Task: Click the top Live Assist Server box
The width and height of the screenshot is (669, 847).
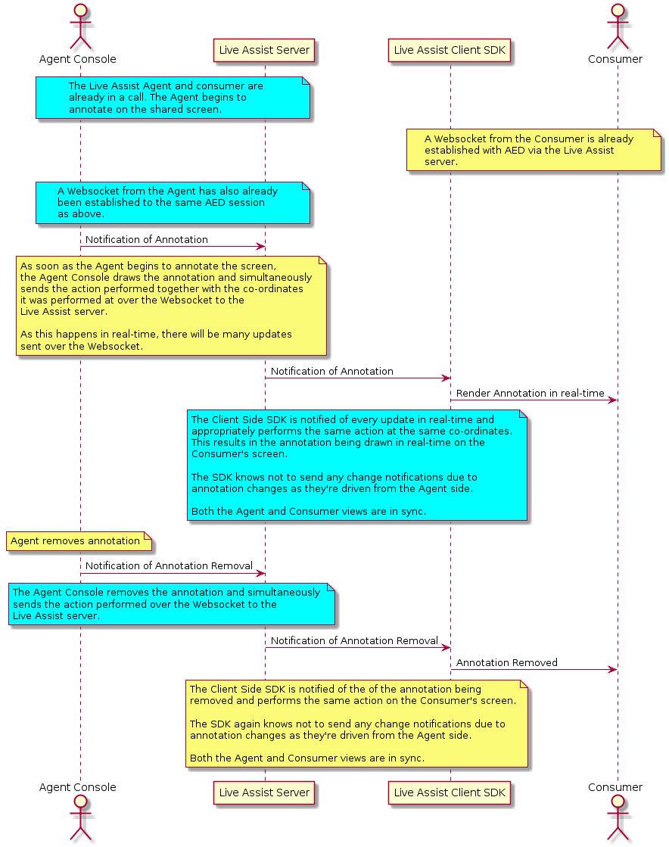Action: pyautogui.click(x=264, y=50)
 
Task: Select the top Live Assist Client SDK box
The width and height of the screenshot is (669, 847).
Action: pyautogui.click(x=450, y=50)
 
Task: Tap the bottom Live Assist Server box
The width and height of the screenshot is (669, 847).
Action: pyautogui.click(x=264, y=793)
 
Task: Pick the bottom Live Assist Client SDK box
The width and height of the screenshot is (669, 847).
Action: pyautogui.click(x=450, y=793)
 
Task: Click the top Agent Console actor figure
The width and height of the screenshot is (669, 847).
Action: pyautogui.click(x=80, y=27)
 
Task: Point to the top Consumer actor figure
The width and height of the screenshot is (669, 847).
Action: pyautogui.click(x=618, y=27)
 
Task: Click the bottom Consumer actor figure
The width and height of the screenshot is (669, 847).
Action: pyautogui.click(x=618, y=820)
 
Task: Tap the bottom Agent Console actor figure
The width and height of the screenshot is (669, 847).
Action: pyautogui.click(x=80, y=820)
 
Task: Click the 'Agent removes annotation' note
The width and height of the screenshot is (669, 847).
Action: pyautogui.click(x=79, y=541)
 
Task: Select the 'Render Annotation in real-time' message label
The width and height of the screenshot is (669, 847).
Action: pyautogui.click(x=531, y=394)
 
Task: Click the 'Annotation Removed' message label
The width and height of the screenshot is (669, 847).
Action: pyautogui.click(x=506, y=663)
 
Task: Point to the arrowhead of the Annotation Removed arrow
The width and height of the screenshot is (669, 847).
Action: pyautogui.click(x=613, y=670)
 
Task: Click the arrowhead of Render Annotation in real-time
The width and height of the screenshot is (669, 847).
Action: pyautogui.click(x=613, y=400)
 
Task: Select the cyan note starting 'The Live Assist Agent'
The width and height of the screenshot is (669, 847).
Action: pyautogui.click(x=173, y=98)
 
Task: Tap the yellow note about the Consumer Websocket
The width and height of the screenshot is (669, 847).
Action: pyautogui.click(x=534, y=150)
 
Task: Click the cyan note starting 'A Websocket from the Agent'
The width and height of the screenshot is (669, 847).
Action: pyautogui.click(x=173, y=203)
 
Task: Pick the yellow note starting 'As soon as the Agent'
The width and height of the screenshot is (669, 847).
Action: pyautogui.click(x=171, y=306)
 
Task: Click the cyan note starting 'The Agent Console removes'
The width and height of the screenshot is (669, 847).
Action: pyautogui.click(x=171, y=604)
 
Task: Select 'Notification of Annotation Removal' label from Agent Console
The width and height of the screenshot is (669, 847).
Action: pyautogui.click(x=169, y=565)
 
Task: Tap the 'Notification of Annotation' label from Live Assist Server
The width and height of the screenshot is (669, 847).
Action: pyautogui.click(x=332, y=371)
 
